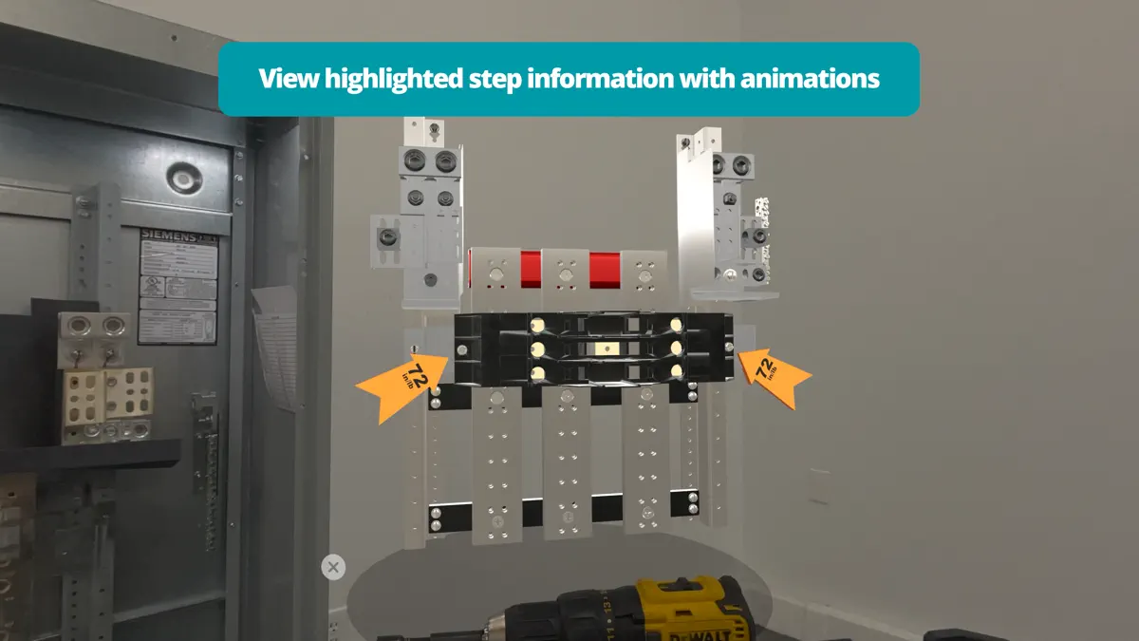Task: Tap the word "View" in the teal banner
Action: tap(289, 78)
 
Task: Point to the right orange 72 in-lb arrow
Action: tap(773, 376)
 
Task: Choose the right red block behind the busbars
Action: tap(605, 270)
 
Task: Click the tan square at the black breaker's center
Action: tap(597, 350)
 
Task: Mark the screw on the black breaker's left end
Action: tap(462, 350)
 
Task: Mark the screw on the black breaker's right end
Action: tap(728, 348)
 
